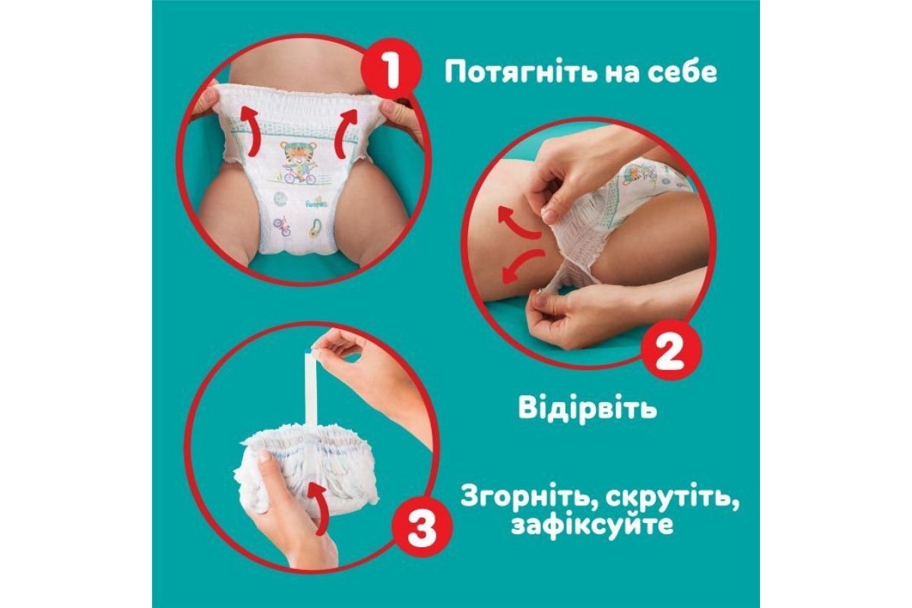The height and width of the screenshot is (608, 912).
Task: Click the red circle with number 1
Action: pos(391,69)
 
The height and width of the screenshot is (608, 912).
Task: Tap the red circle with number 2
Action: pos(671,350)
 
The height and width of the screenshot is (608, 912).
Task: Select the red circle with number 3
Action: pos(422,527)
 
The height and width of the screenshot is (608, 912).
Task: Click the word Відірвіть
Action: pos(587,407)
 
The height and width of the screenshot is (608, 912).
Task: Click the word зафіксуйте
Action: pos(591,524)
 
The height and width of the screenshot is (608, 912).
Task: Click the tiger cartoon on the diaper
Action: pos(297,162)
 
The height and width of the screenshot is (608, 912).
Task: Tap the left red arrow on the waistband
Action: pos(249,130)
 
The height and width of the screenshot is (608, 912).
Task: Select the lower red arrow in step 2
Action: pos(522,264)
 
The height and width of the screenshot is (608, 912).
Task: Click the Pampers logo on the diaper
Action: pos(318,202)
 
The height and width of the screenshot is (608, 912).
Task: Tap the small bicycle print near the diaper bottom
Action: pos(282,226)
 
